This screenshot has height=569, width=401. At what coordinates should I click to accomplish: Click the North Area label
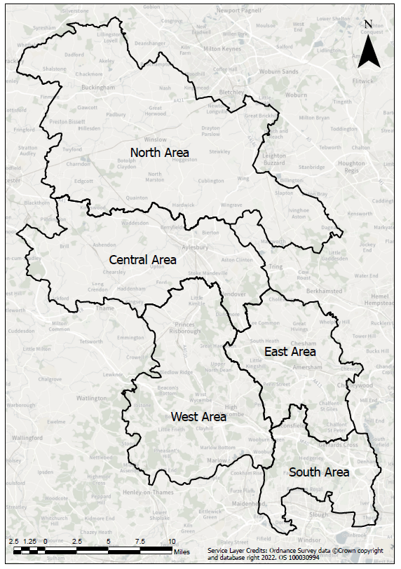tap(160, 152)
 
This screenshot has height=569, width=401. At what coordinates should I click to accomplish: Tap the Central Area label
tap(143, 260)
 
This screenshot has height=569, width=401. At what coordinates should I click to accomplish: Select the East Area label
tap(290, 351)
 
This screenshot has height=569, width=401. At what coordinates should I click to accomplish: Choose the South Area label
tap(319, 472)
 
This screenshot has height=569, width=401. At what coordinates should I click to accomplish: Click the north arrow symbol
tap(369, 47)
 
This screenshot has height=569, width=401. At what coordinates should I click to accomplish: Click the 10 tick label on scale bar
tap(172, 542)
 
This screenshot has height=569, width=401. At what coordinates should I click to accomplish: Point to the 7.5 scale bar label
tap(140, 542)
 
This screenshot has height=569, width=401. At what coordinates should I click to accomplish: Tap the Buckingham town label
tap(97, 88)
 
